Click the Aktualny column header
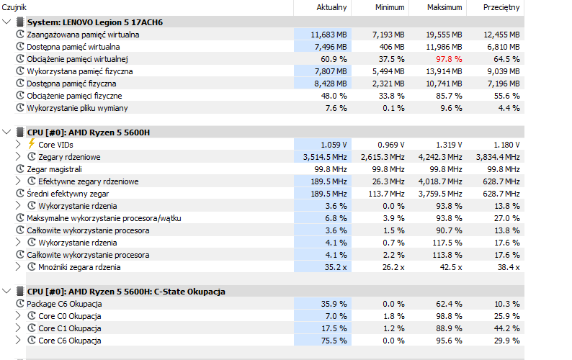(x=331, y=7)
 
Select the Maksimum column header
(x=444, y=7)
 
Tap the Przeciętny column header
(x=501, y=8)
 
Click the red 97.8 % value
(x=449, y=59)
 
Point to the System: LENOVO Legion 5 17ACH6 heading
(x=95, y=22)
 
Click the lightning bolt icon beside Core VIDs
(x=32, y=144)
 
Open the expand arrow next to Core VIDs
(x=18, y=144)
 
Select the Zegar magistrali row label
(x=54, y=169)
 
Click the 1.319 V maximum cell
(x=449, y=145)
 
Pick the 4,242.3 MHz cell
(x=440, y=157)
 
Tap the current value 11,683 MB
(x=329, y=35)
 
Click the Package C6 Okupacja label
(x=64, y=304)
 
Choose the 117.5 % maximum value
(x=447, y=243)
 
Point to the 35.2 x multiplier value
(x=336, y=267)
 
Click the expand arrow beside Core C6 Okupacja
(x=18, y=341)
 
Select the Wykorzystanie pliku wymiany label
(x=77, y=108)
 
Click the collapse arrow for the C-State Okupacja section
(x=6, y=291)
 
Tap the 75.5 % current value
(x=334, y=341)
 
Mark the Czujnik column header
(x=14, y=8)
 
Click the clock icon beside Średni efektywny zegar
(x=20, y=193)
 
